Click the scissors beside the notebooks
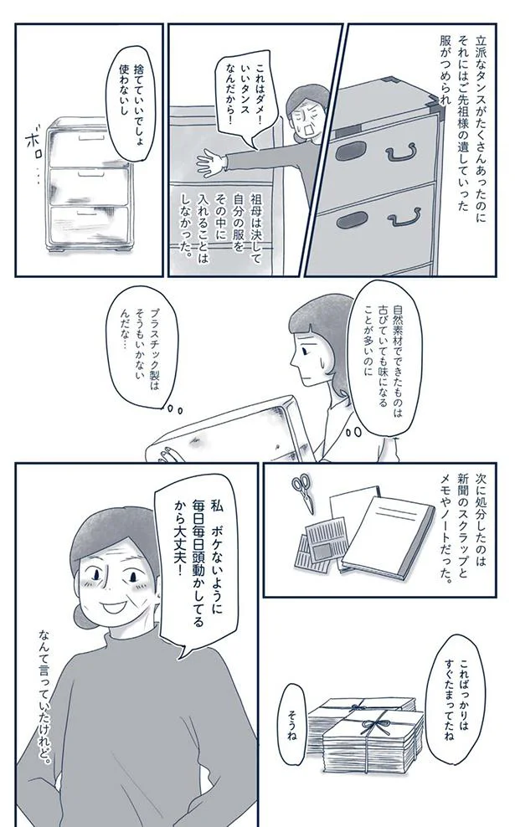(303, 494)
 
